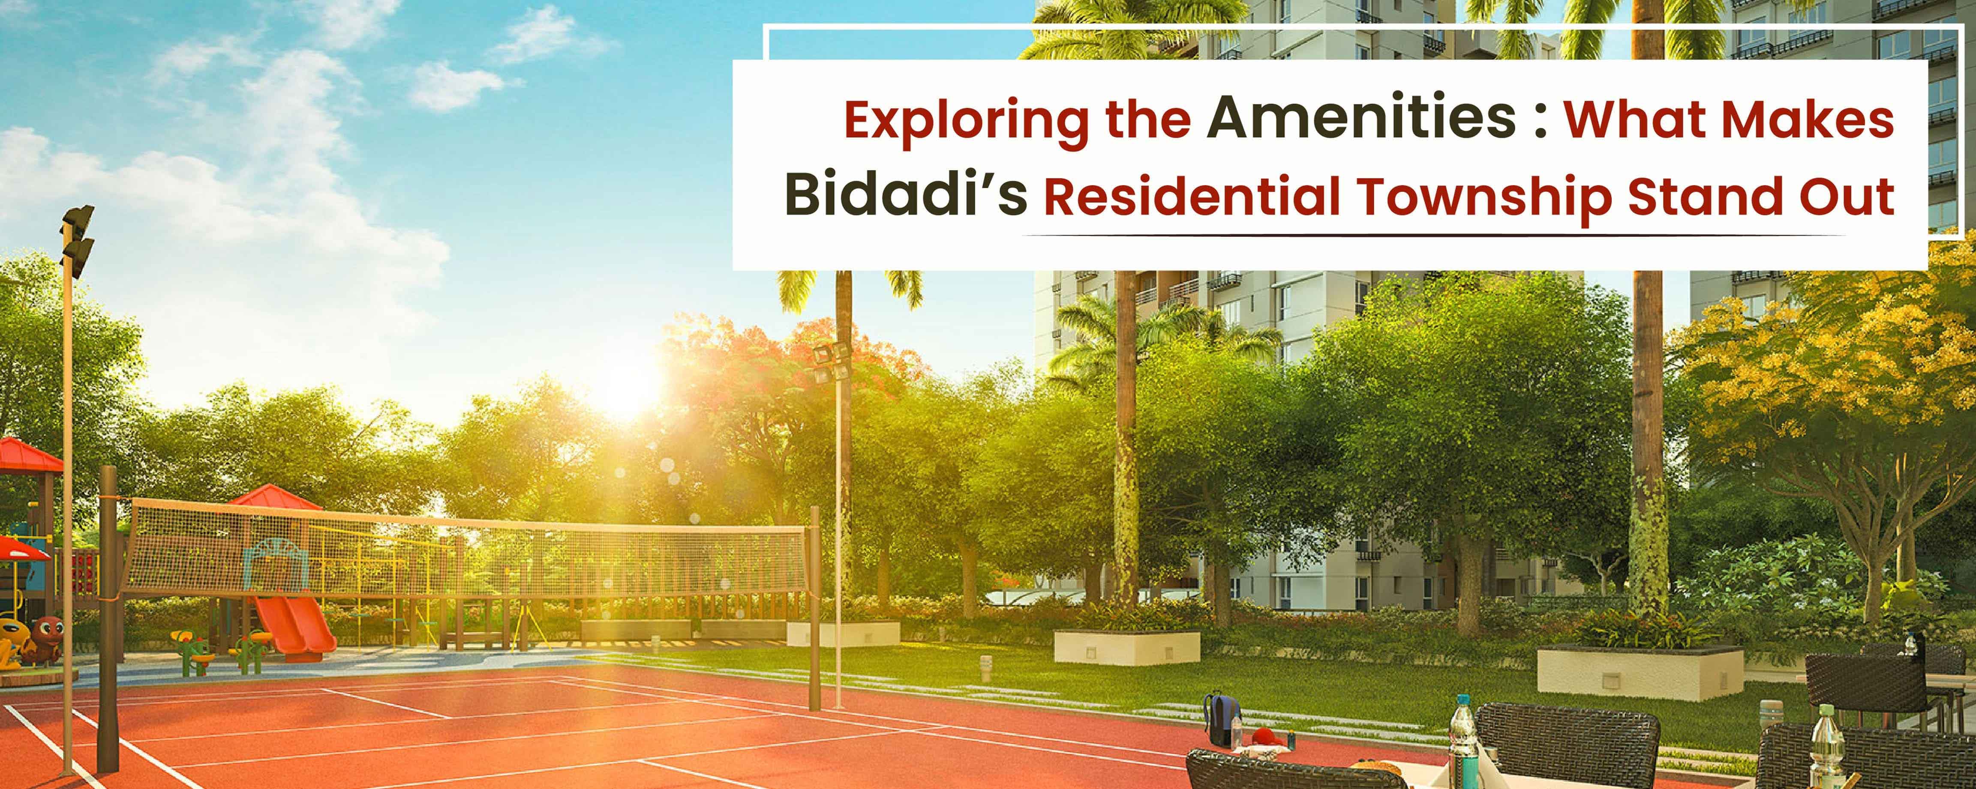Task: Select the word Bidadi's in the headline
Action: coord(905,194)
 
